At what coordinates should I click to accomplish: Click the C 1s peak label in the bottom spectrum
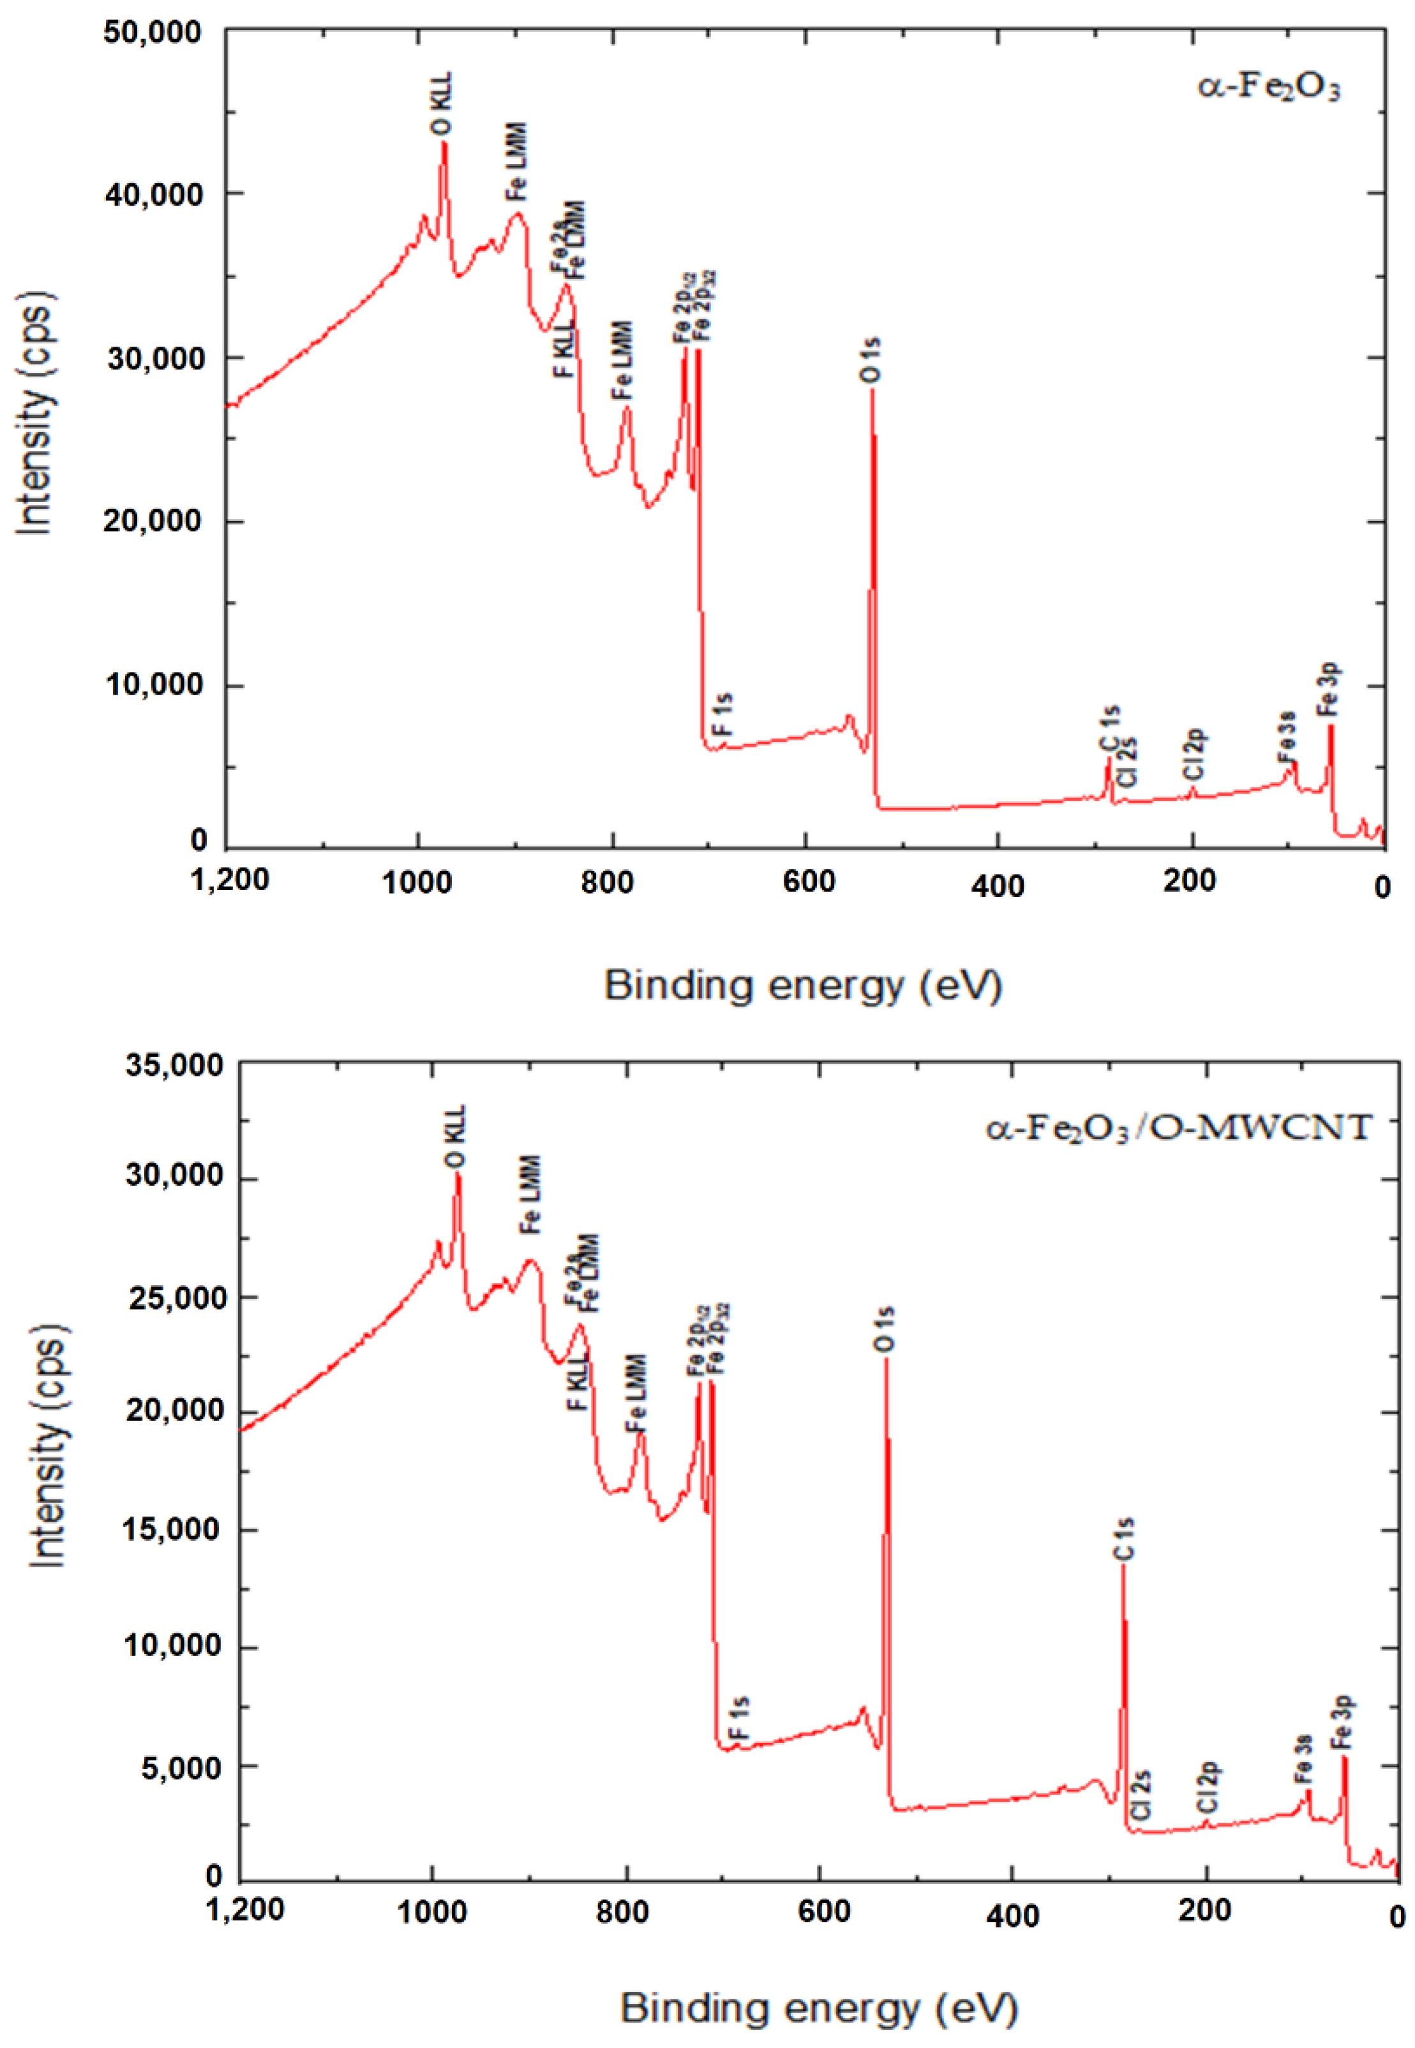click(1124, 1539)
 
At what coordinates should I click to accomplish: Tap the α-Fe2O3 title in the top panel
click(1269, 89)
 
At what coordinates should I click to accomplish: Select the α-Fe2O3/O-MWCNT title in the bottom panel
click(1179, 1127)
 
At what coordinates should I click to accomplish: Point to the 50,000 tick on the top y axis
click(153, 32)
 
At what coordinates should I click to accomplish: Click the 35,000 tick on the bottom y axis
click(174, 1065)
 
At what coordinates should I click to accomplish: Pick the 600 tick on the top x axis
click(807, 880)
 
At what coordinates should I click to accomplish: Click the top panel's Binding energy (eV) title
click(804, 985)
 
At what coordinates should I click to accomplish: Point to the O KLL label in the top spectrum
click(442, 105)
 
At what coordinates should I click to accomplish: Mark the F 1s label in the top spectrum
click(724, 714)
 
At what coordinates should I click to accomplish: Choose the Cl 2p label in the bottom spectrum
click(1208, 1788)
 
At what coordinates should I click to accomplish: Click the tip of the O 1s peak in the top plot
click(872, 391)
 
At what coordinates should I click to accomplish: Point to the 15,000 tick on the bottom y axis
click(174, 1530)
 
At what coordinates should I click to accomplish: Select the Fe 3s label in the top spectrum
click(1287, 737)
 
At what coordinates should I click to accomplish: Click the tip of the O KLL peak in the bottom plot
click(458, 1174)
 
